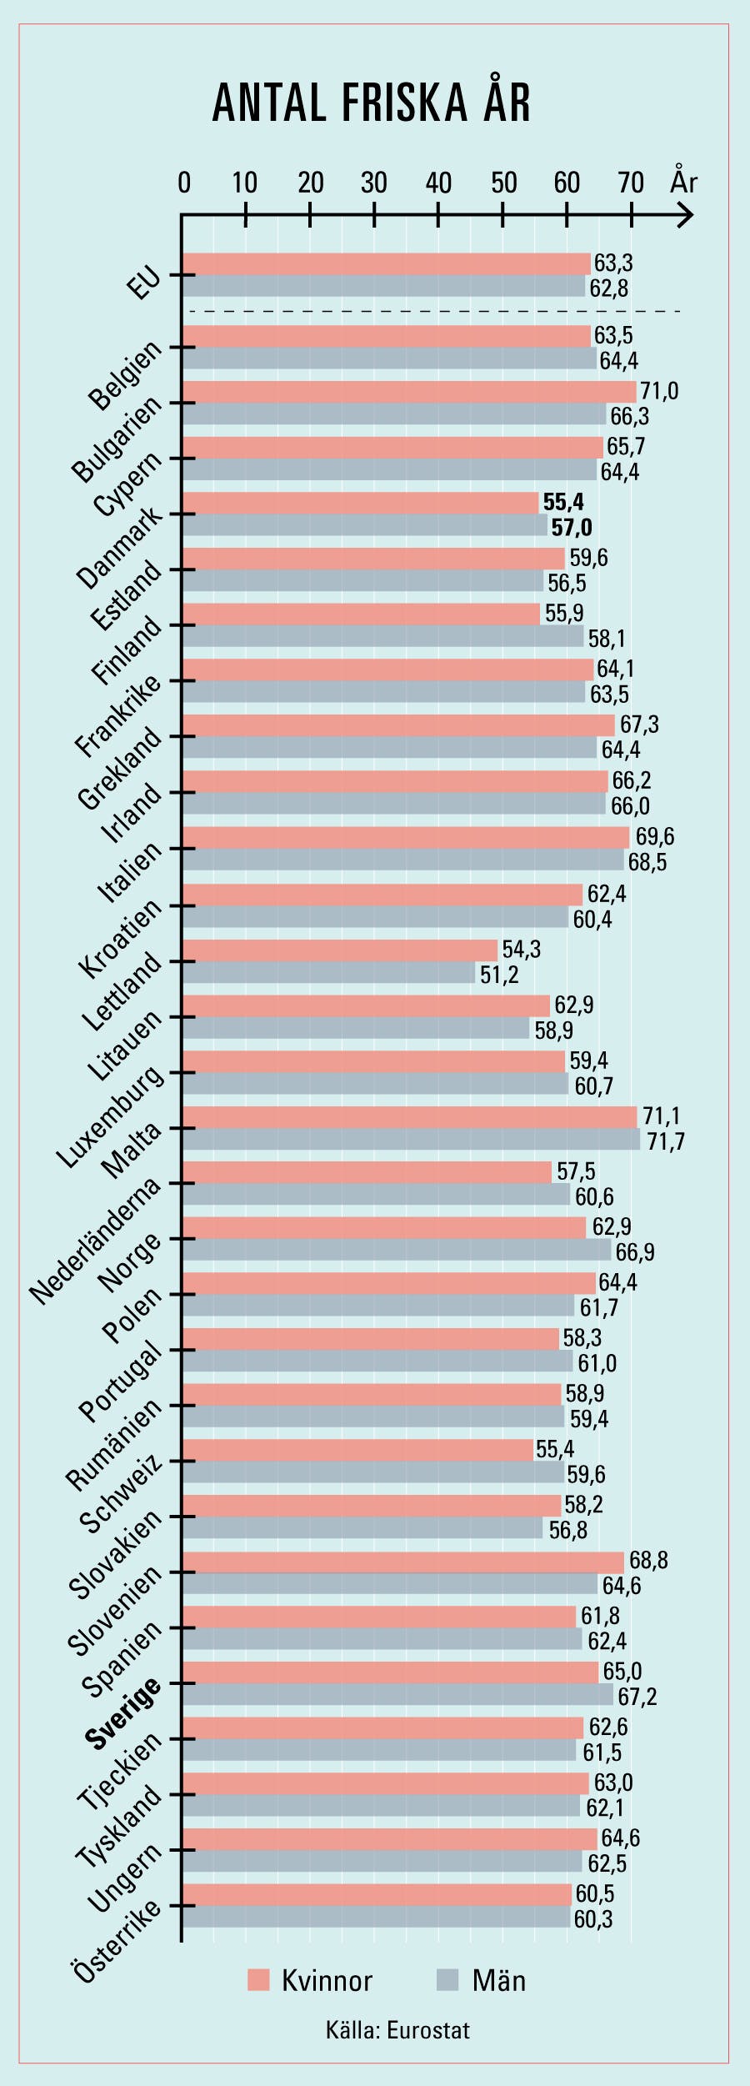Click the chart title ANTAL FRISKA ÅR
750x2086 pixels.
372,103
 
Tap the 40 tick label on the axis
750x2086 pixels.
438,183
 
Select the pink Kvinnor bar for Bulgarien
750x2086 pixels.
408,392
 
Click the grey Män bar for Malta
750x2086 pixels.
411,1140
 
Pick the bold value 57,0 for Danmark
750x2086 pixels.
572,527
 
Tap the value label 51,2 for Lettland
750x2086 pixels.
499,975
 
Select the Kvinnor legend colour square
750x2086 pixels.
259,1980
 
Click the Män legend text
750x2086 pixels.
498,1980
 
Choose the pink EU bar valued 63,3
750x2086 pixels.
386,263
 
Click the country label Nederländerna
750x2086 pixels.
95,1241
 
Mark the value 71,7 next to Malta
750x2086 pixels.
666,1141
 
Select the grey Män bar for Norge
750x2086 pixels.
397,1250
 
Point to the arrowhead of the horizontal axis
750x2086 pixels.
686,217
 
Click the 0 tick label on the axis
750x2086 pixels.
184,183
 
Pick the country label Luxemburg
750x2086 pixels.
110,1117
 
